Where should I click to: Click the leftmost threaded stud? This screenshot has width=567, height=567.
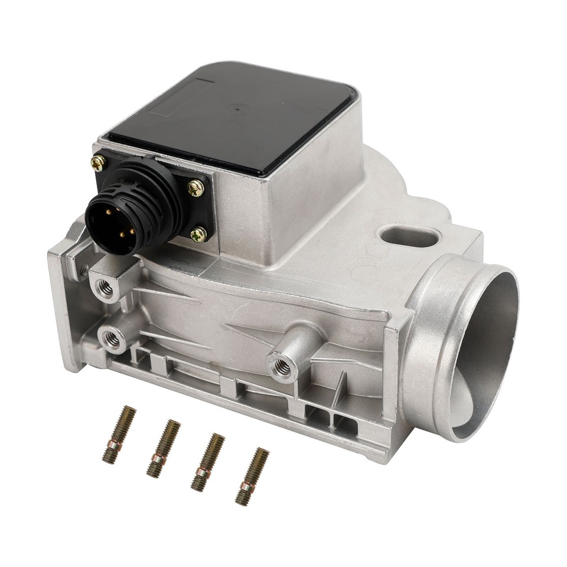coord(119,435)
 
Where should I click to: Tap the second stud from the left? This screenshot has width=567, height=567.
coord(162,448)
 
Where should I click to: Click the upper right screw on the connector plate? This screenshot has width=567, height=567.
coord(195,188)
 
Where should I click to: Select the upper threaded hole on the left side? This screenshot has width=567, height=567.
coord(109,289)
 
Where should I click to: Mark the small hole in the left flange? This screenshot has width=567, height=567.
coord(83,271)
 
